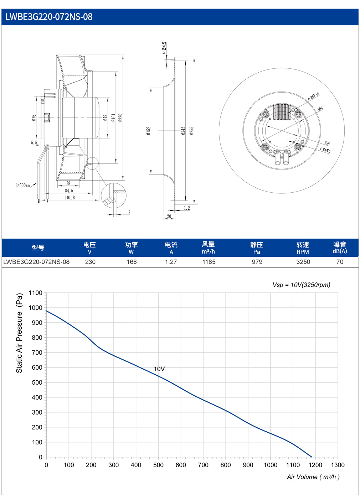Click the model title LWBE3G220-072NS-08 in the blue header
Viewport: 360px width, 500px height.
click(49, 17)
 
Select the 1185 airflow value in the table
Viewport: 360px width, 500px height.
click(209, 262)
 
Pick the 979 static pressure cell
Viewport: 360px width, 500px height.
click(257, 262)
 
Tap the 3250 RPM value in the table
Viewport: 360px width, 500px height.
click(303, 262)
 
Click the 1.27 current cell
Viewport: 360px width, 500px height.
click(171, 262)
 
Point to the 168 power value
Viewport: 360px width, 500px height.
click(132, 262)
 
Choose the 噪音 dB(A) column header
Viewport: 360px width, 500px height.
click(340, 248)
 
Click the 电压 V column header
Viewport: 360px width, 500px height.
click(89, 248)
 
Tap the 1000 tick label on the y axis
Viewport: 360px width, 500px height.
click(36, 308)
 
